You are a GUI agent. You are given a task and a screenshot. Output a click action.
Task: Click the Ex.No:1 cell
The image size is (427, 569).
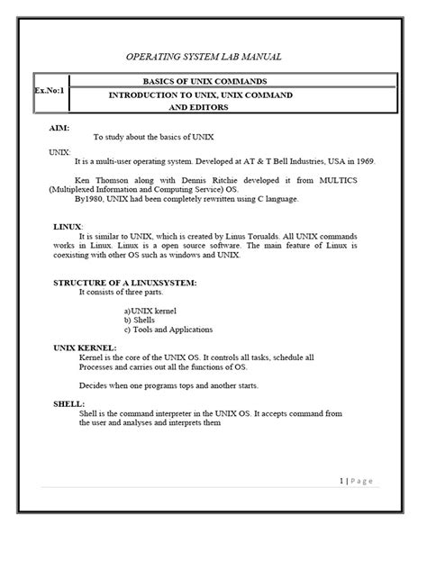pyautogui.click(x=51, y=92)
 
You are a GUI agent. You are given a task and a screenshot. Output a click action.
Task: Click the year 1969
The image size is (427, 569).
pyautogui.click(x=340, y=161)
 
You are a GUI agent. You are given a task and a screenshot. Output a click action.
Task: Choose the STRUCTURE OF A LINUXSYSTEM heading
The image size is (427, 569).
pyautogui.click(x=124, y=283)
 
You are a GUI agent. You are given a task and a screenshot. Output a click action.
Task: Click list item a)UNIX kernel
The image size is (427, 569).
pyautogui.click(x=154, y=311)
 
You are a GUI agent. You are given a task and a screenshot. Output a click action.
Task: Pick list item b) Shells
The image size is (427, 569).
pyautogui.click(x=143, y=320)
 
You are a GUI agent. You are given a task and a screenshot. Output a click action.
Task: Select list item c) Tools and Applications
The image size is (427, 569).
pyautogui.click(x=168, y=329)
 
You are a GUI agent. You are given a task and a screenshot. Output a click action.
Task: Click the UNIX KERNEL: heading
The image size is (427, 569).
pyautogui.click(x=85, y=348)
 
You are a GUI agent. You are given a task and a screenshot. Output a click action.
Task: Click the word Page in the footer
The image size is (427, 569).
pyautogui.click(x=362, y=481)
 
